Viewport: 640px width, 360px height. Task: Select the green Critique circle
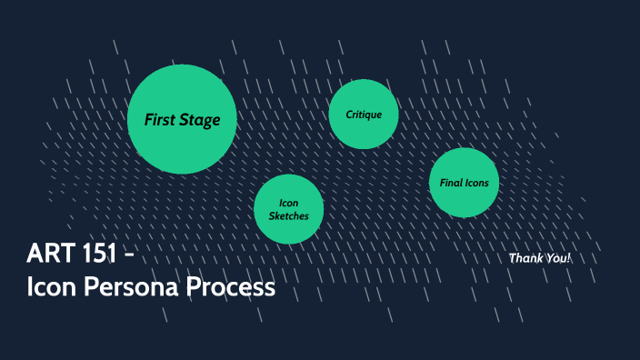364,115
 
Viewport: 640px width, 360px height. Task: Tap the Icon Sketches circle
289,209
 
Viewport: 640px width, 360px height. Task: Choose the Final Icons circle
464,183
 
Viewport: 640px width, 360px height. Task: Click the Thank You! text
540,258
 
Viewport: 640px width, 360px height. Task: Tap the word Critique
364,115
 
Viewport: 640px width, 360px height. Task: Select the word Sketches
289,216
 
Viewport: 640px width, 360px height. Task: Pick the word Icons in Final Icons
477,183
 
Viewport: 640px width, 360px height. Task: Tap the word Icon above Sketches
289,203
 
